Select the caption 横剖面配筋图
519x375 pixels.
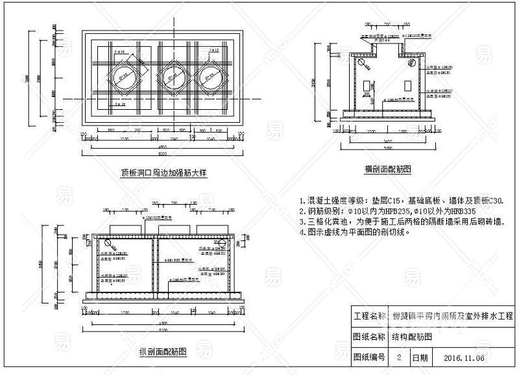[x=388, y=169]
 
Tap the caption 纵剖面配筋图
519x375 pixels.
[x=163, y=352]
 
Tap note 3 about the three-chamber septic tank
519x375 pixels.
[x=401, y=221]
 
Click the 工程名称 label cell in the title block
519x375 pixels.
[x=369, y=317]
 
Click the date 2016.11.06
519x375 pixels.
[x=465, y=357]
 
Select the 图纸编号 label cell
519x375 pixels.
[x=369, y=357]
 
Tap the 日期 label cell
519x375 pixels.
[x=420, y=357]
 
